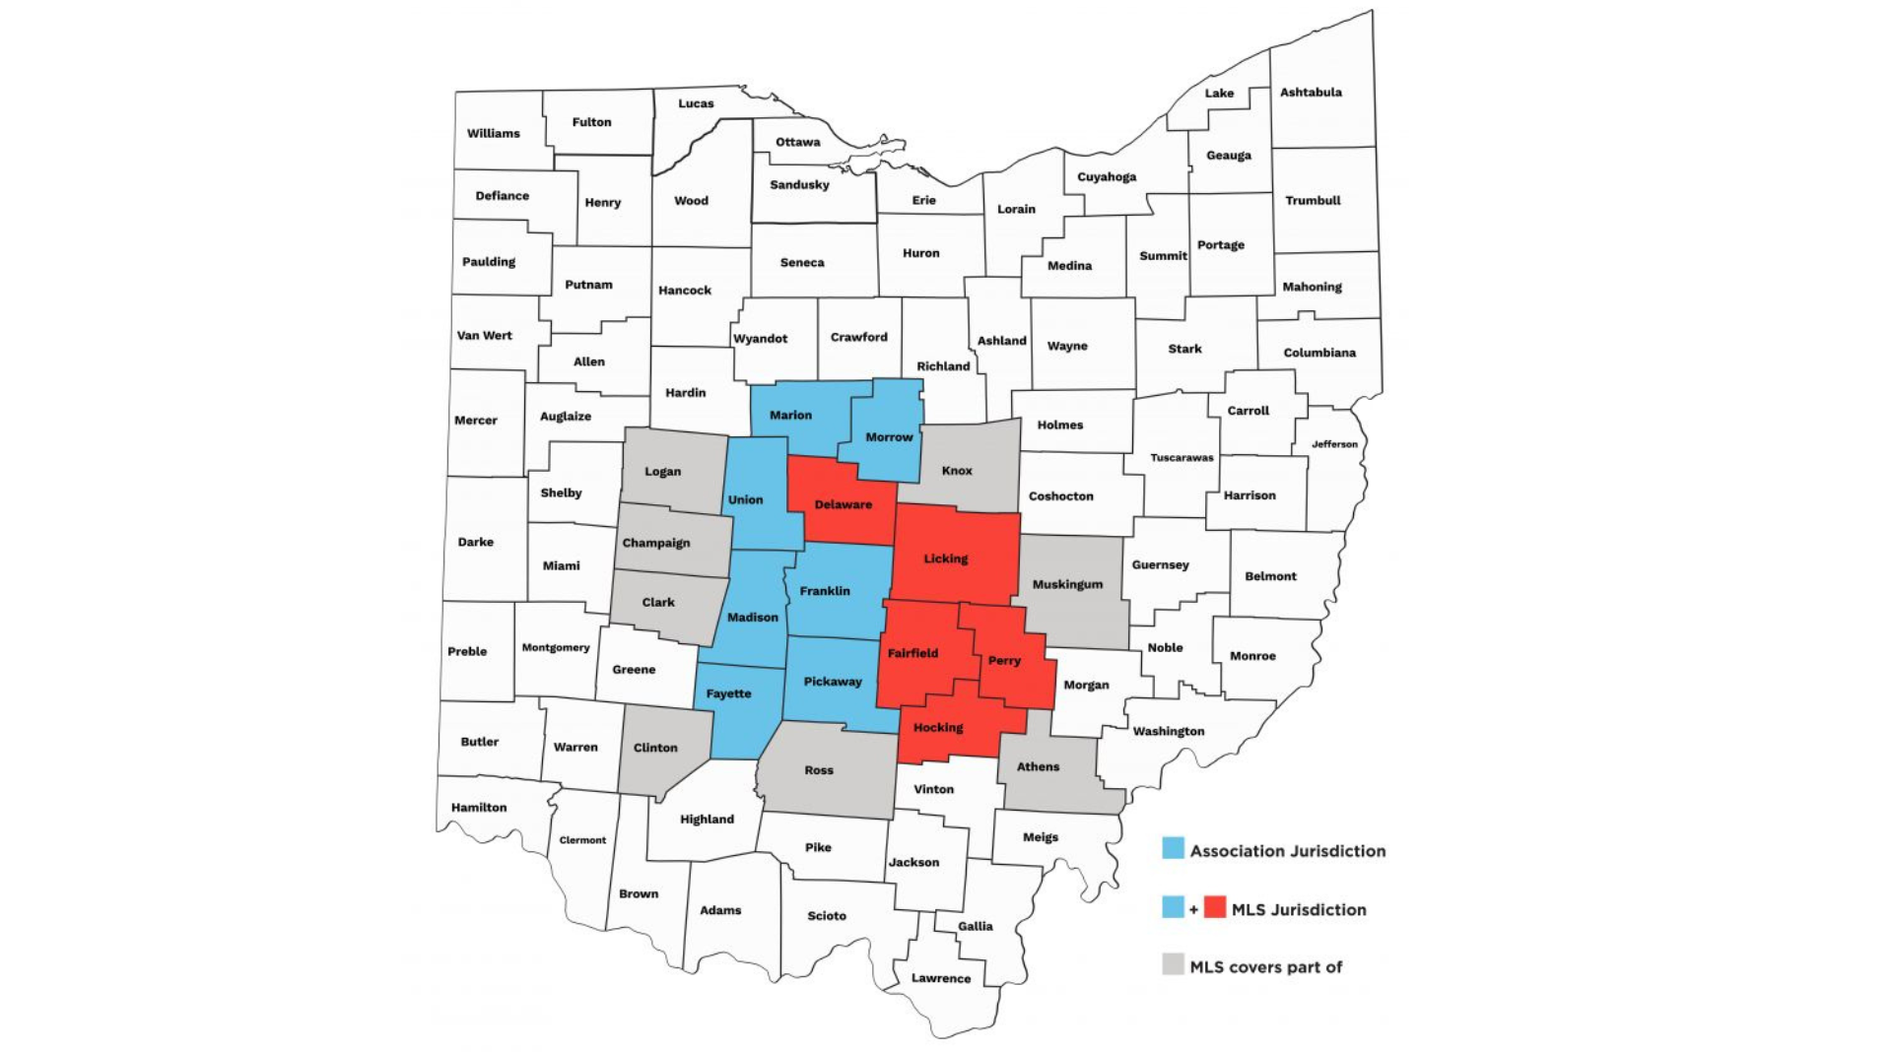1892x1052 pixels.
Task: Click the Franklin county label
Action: point(825,591)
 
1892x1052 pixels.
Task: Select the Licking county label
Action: point(945,559)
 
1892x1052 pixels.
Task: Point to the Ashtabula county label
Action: point(1311,93)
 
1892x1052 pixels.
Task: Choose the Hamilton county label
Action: point(479,808)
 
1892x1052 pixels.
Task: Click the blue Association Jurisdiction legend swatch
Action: point(1173,849)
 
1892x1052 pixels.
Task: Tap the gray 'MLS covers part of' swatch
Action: point(1173,965)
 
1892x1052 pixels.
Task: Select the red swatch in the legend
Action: point(1215,907)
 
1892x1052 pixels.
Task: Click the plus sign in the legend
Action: point(1193,910)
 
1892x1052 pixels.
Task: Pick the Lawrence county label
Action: point(940,978)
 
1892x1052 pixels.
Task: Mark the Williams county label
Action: point(493,133)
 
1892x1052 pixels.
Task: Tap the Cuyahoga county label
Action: point(1106,177)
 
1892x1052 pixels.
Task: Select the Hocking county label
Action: point(937,728)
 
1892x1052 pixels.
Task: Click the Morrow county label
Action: point(889,437)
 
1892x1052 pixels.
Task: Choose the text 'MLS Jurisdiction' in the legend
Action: point(1298,910)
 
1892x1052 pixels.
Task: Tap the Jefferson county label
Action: point(1334,444)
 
